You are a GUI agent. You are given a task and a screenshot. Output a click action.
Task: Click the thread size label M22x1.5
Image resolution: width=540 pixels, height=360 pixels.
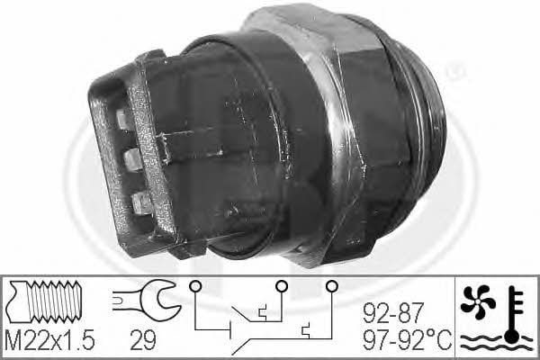coord(49,340)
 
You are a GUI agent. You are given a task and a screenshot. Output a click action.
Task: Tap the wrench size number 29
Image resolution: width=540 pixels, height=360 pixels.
coord(143,340)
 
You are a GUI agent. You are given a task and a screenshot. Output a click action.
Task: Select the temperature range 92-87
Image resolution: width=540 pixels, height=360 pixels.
coord(392,313)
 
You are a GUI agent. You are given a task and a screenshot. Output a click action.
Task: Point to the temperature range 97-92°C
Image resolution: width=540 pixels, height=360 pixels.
coord(408,339)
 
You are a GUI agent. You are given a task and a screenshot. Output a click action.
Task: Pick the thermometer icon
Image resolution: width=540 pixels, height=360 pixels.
coord(514,315)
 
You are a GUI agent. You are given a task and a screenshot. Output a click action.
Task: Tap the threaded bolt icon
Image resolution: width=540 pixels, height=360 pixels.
coord(46,301)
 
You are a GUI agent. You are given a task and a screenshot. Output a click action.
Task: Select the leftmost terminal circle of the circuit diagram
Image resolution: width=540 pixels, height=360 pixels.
coord(195,285)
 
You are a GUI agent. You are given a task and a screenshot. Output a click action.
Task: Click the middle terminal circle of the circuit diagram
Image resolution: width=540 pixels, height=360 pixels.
coord(282,285)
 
